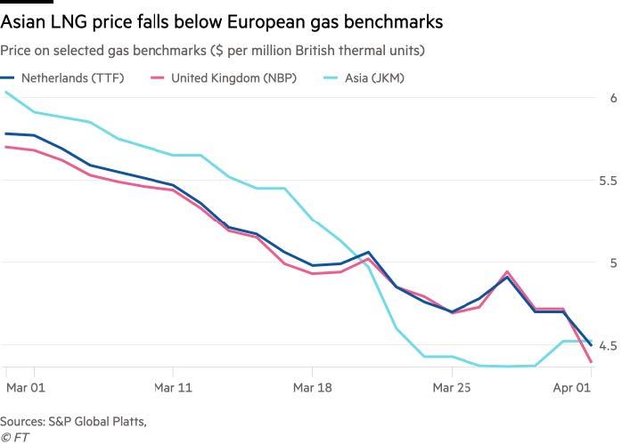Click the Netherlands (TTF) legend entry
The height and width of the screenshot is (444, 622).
(x=71, y=77)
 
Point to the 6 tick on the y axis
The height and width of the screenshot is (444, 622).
(x=613, y=98)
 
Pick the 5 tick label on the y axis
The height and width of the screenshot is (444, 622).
(x=613, y=262)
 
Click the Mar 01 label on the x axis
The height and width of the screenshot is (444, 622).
(x=24, y=389)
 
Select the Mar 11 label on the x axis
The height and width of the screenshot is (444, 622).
(x=173, y=389)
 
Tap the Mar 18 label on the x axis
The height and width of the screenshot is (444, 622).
(x=312, y=389)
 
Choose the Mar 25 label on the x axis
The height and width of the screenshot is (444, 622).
(x=451, y=389)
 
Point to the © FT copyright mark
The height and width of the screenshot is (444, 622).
(x=16, y=435)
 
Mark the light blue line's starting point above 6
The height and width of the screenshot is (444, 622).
(x=6, y=92)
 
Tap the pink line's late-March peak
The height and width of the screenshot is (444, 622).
(x=507, y=272)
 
